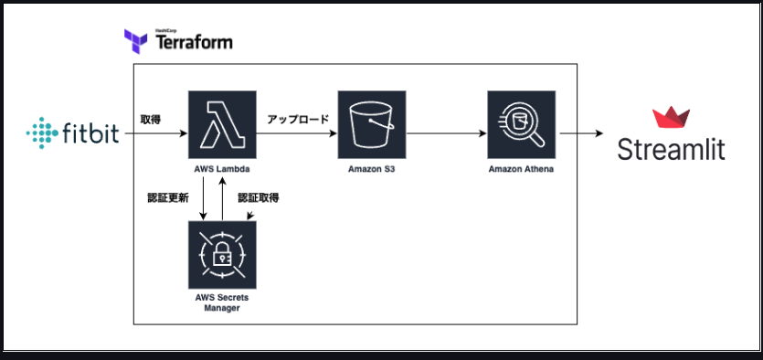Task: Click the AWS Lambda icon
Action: tap(222, 124)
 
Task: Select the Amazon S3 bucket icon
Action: tap(372, 124)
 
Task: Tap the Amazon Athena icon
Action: tap(521, 124)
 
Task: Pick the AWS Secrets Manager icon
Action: tap(222, 255)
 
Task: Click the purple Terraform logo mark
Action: tap(136, 41)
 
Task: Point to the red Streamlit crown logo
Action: tap(671, 117)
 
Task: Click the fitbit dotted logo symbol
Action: tap(42, 132)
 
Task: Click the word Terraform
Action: tap(194, 43)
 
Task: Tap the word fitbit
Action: tap(91, 132)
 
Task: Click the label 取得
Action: tap(151, 120)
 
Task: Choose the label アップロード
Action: tap(298, 119)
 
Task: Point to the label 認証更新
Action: tap(168, 198)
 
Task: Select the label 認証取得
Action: tap(259, 198)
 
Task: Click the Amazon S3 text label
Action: tap(372, 170)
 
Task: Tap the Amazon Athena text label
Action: tap(521, 170)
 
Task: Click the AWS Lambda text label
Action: tap(222, 170)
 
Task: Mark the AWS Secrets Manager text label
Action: tap(222, 303)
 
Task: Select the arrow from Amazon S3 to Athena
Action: tap(446, 133)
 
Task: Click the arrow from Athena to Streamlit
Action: tap(581, 133)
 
